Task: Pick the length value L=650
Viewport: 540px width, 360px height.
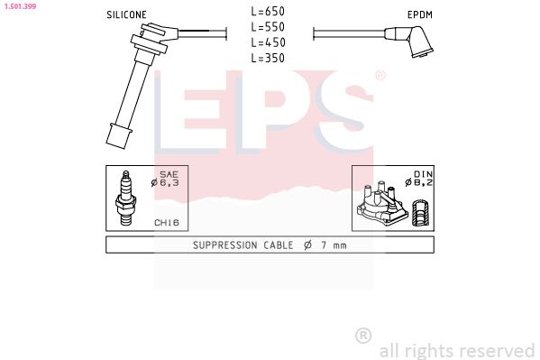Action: [x=268, y=12]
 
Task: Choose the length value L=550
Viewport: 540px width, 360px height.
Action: [x=268, y=27]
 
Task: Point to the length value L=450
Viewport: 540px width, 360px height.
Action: [x=268, y=42]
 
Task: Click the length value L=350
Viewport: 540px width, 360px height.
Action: [x=268, y=58]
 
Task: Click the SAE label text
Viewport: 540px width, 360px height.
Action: [x=169, y=174]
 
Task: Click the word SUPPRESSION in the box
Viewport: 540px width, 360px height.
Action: [x=225, y=245]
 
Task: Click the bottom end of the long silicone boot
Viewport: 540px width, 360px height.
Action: [x=116, y=136]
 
